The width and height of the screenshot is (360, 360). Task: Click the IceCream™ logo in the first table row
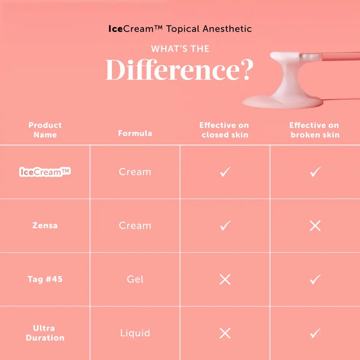coord(45,172)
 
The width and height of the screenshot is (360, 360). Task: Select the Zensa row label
coord(45,225)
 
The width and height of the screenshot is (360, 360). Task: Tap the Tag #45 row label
coord(45,279)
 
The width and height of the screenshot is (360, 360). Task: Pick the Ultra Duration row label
coord(45,333)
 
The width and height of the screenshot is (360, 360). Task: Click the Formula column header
coord(135,133)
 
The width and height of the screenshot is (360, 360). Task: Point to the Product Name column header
coord(45,130)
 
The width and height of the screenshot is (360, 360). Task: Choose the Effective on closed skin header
coord(225,130)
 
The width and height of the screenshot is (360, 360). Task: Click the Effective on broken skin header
coord(315,130)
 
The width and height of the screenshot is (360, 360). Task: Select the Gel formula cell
coord(135,279)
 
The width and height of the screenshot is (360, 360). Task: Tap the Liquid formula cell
coord(135,333)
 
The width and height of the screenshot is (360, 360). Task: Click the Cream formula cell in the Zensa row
coord(135,226)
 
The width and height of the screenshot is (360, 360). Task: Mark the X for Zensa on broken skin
coord(315,226)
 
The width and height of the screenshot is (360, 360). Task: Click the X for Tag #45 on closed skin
coord(225,279)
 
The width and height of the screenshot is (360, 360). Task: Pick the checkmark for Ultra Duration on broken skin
coord(315,333)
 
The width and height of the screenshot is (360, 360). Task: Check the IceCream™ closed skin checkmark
coord(225,172)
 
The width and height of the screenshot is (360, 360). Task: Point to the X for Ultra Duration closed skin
coord(225,333)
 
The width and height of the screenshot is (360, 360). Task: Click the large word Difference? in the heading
coord(179,70)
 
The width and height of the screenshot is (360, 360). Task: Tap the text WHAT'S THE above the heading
coord(180,49)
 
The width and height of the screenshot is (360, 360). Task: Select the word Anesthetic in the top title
coord(227,29)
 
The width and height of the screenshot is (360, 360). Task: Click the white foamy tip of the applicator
coord(285,56)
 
